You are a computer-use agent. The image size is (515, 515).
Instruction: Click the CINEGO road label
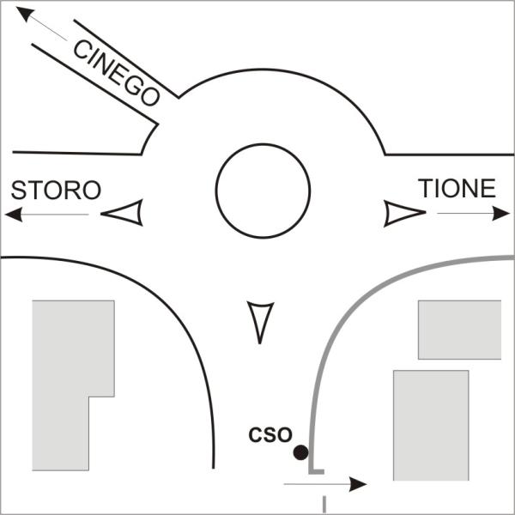[117, 72]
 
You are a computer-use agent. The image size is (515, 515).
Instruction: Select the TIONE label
[457, 189]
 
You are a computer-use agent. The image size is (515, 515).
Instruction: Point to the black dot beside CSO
[300, 451]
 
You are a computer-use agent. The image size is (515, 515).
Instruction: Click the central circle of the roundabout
[262, 191]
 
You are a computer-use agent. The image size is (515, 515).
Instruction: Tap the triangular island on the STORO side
[124, 213]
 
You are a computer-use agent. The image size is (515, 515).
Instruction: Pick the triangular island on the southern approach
[259, 320]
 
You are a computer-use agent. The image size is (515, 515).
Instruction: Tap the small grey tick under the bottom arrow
[324, 502]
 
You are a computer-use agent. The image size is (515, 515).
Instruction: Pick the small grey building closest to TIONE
[458, 329]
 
